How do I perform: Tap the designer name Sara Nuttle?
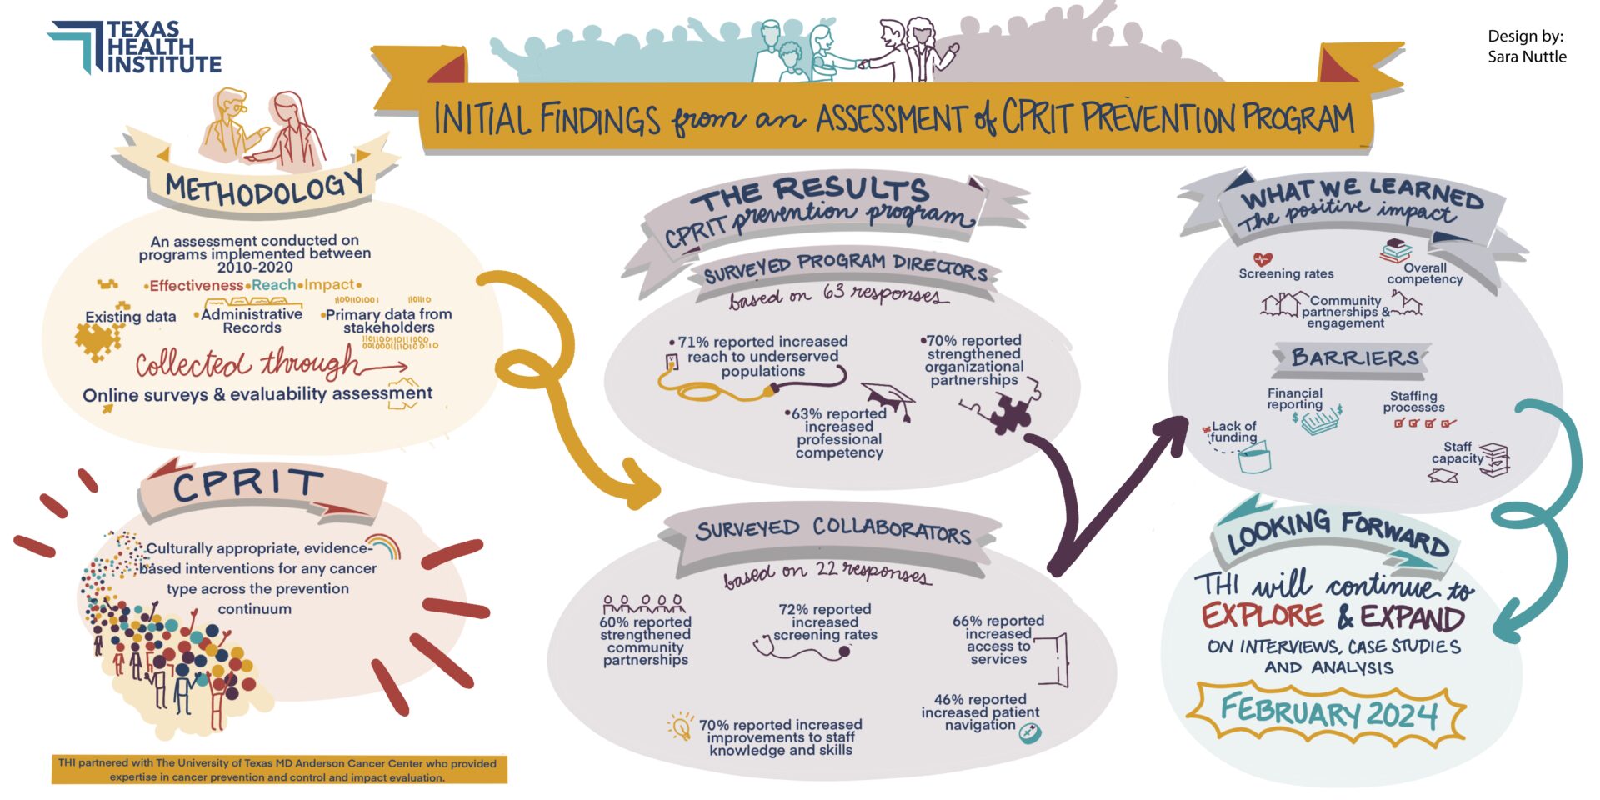pyautogui.click(x=1527, y=57)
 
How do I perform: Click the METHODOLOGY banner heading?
pyautogui.click(x=264, y=188)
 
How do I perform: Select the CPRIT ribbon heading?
pyautogui.click(x=247, y=485)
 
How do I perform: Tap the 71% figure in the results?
pyautogui.click(x=693, y=342)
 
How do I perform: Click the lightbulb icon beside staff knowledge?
pyautogui.click(x=681, y=726)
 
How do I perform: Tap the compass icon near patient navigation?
pyautogui.click(x=1030, y=732)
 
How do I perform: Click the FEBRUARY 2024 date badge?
pyautogui.click(x=1327, y=713)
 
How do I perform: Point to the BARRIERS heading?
pyautogui.click(x=1354, y=358)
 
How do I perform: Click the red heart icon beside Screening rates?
pyautogui.click(x=1262, y=259)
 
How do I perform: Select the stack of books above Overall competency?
pyautogui.click(x=1397, y=250)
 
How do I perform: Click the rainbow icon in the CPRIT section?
pyautogui.click(x=384, y=546)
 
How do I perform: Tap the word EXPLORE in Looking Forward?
pyautogui.click(x=1262, y=617)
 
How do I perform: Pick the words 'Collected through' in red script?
pyautogui.click(x=247, y=364)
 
